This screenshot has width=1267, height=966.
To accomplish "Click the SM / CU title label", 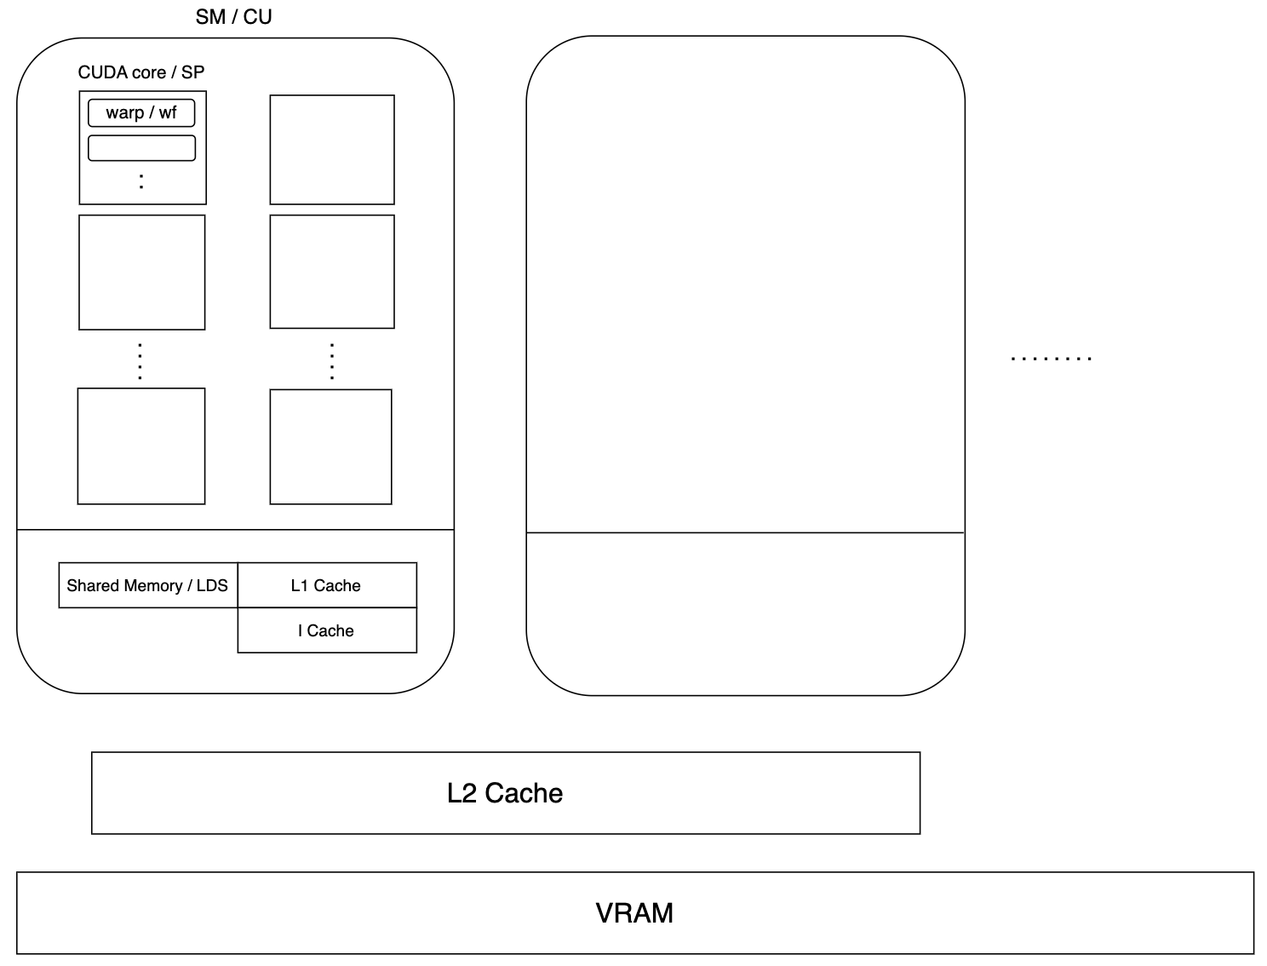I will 233,17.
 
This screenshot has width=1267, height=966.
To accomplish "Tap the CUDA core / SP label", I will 141,72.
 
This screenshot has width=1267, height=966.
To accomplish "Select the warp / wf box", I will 141,112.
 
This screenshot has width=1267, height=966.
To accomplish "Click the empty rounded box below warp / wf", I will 141,147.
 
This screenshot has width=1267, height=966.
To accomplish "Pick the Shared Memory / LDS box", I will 148,585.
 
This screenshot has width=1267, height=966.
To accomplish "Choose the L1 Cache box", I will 327,585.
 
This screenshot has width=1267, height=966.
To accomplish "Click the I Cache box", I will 327,630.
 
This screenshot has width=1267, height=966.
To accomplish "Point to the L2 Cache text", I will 505,793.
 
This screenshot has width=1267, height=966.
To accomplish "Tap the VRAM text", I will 634,913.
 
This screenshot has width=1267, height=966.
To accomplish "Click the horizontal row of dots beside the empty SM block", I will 1051,359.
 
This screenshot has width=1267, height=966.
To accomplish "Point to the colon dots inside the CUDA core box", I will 141,181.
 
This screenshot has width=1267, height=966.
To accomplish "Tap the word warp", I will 124,112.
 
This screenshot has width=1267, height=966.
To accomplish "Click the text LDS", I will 212,585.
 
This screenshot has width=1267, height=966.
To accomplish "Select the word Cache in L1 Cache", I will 337,585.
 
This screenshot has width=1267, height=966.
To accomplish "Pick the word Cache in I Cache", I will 330,630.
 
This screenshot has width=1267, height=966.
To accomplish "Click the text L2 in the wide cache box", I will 462,793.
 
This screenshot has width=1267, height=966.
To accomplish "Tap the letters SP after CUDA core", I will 193,72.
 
